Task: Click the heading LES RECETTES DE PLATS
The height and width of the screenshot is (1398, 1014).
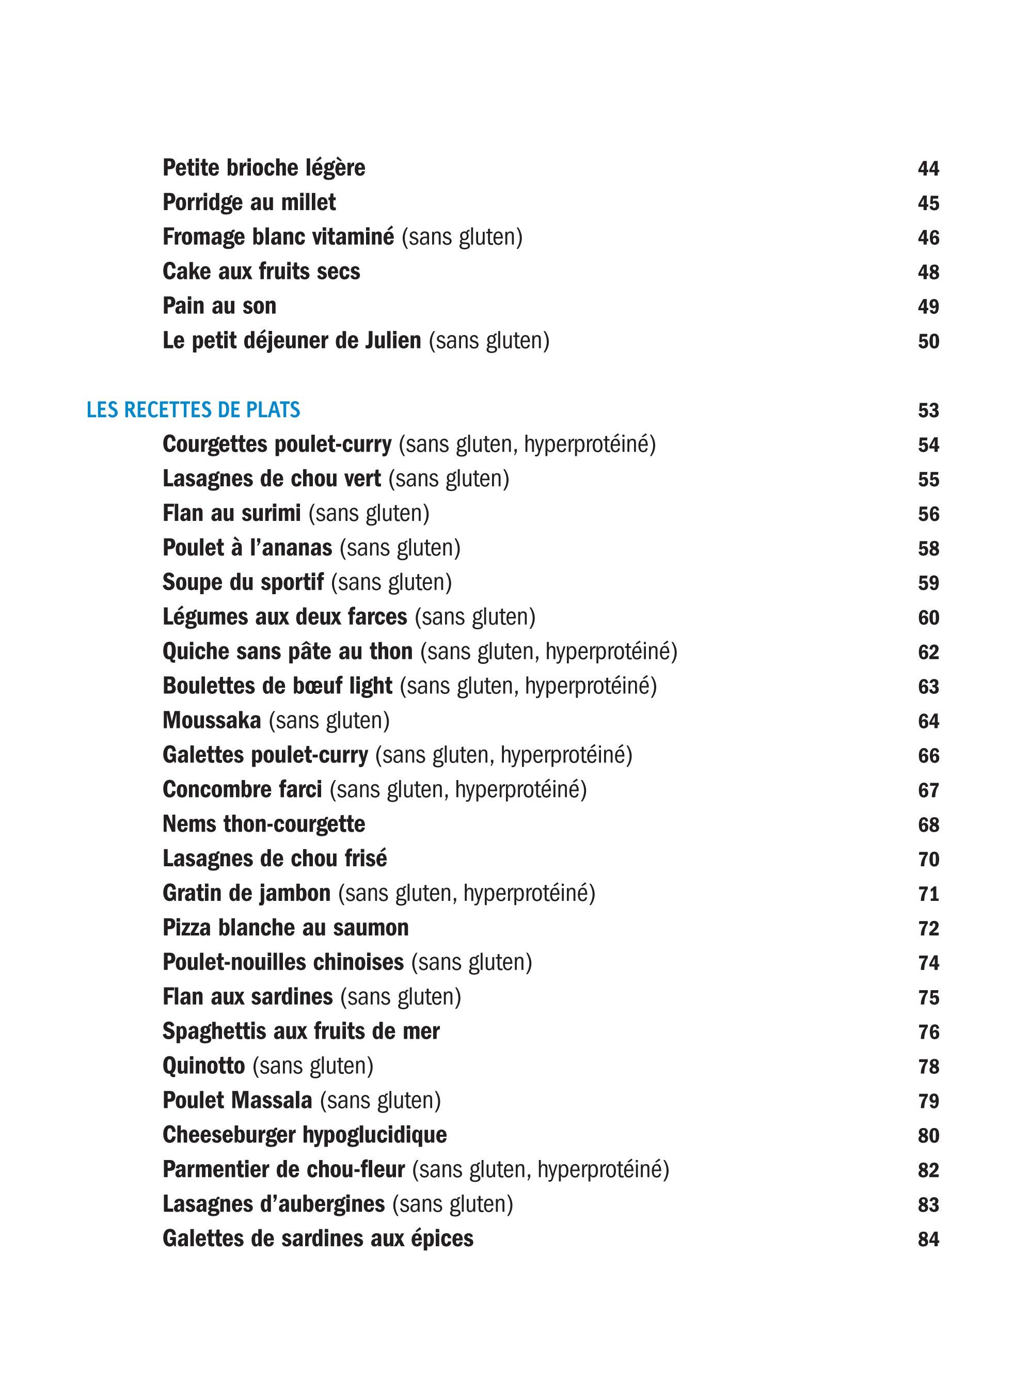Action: [x=193, y=410]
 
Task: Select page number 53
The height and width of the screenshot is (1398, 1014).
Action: [x=928, y=410]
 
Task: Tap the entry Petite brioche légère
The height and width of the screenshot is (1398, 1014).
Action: [x=264, y=168]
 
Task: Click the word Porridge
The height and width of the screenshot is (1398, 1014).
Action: [x=202, y=203]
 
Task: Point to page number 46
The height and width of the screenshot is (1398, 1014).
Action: [x=928, y=238]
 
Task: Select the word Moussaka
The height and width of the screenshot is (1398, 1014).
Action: [x=212, y=721]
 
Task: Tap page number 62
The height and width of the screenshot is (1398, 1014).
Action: [x=928, y=652]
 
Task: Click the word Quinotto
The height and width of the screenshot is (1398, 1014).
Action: [x=203, y=1066]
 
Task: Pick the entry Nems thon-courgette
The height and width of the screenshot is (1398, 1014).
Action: [x=264, y=824]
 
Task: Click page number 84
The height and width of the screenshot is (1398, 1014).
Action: [x=928, y=1239]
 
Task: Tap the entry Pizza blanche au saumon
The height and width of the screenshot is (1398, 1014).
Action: [x=286, y=928]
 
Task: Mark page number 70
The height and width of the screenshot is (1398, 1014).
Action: [x=928, y=859]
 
